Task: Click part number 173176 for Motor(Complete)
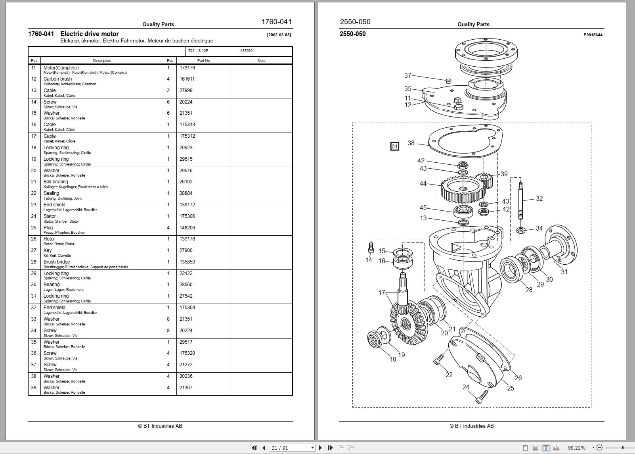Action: coord(187,68)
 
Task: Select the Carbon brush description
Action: coord(57,79)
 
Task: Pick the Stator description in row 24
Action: coord(50,216)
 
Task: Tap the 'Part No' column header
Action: coord(203,61)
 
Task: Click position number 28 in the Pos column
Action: coord(34,262)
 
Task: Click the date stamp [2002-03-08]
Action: coord(279,35)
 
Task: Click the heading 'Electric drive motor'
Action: coord(89,34)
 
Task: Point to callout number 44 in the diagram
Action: coord(423,183)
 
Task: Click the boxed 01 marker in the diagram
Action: coord(394,146)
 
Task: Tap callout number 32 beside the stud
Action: coord(539,198)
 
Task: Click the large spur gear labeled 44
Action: coord(462,190)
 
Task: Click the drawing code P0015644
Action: coord(593,35)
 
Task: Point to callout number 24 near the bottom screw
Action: coord(465,387)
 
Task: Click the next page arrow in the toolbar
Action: coord(321,448)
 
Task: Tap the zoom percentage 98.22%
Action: coord(576,448)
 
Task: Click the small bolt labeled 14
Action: coord(371,248)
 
